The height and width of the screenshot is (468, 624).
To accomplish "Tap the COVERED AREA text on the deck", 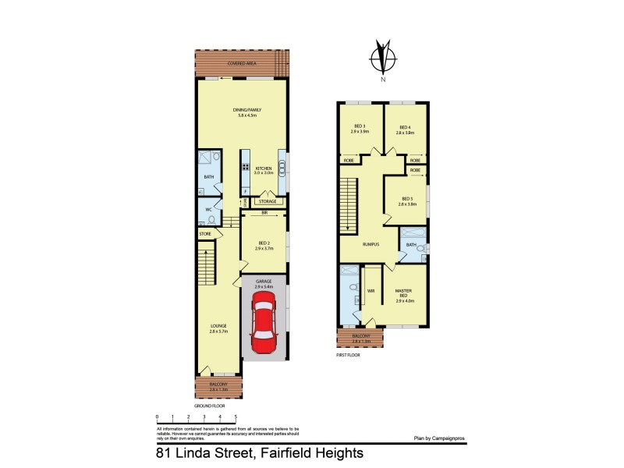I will click(242, 63).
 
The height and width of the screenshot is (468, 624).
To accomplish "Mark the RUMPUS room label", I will click(370, 244).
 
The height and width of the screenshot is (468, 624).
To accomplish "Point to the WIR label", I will click(371, 291).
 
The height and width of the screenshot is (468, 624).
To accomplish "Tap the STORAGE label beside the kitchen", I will click(268, 202).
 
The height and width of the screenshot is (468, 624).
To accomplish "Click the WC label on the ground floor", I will click(209, 210).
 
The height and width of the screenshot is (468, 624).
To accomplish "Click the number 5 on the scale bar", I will click(236, 417).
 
